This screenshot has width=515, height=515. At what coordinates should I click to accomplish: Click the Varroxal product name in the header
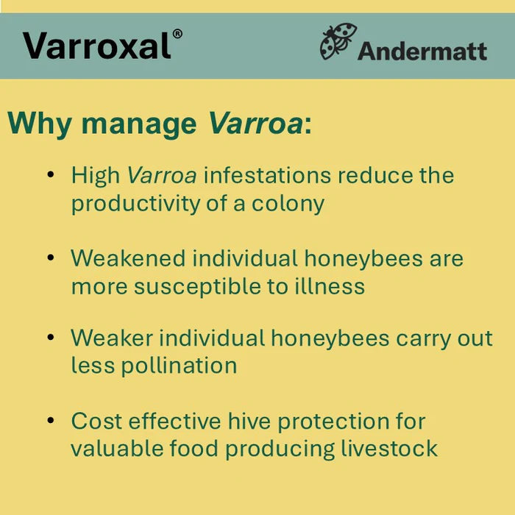pyautogui.click(x=97, y=46)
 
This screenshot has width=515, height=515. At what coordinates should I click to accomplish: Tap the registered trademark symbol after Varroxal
pyautogui.click(x=177, y=34)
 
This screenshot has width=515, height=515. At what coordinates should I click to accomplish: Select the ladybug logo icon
pyautogui.click(x=338, y=41)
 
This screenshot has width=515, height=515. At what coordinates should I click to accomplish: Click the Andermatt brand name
pyautogui.click(x=422, y=51)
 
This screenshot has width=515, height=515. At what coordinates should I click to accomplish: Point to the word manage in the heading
pyautogui.click(x=139, y=124)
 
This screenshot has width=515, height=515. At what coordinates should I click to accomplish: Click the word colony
pyautogui.click(x=288, y=204)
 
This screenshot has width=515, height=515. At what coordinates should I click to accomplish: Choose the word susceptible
pyautogui.click(x=192, y=285)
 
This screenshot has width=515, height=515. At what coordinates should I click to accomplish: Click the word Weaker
pyautogui.click(x=112, y=338)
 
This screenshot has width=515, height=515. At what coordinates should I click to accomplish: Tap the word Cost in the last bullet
pyautogui.click(x=96, y=422)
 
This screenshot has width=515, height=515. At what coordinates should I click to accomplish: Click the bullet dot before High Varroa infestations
pyautogui.click(x=50, y=176)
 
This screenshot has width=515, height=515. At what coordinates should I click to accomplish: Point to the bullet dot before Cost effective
pyautogui.click(x=50, y=421)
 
